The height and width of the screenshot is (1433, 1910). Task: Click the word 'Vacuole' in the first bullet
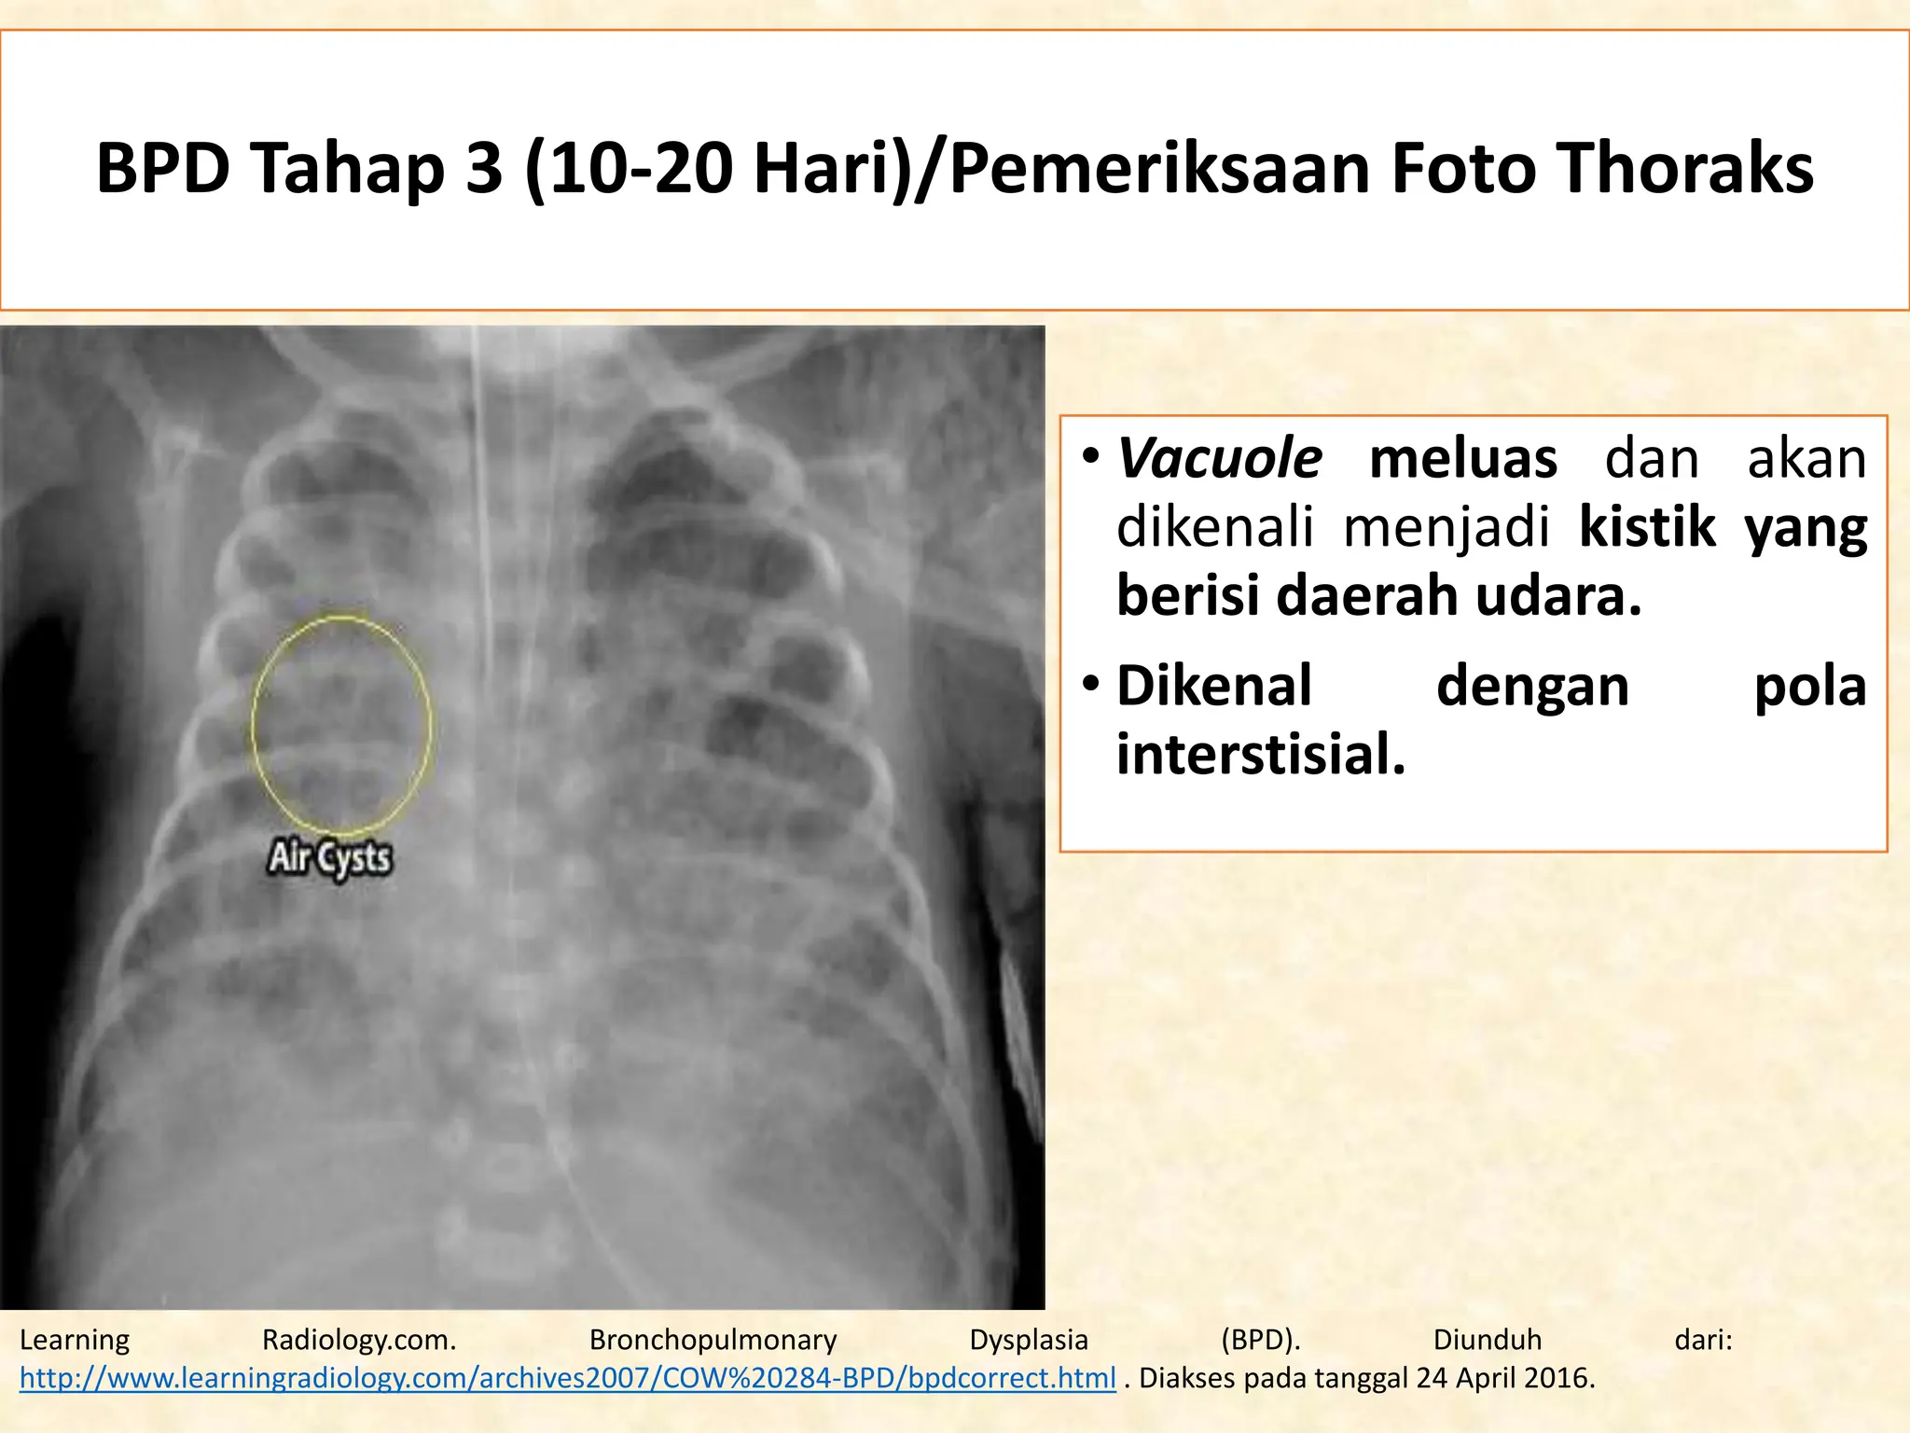pyautogui.click(x=1220, y=459)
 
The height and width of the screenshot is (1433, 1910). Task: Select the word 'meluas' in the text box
pyautogui.click(x=1462, y=459)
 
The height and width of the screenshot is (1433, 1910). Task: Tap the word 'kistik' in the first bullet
pyautogui.click(x=1647, y=527)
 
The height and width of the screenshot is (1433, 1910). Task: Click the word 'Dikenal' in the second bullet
pyautogui.click(x=1214, y=686)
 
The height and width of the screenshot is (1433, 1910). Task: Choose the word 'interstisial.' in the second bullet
pyautogui.click(x=1261, y=754)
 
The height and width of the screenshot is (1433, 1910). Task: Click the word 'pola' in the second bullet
pyautogui.click(x=1809, y=688)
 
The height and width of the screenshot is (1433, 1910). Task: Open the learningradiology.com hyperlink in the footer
pyautogui.click(x=567, y=1378)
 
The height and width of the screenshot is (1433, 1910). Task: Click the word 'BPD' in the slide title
pyautogui.click(x=163, y=169)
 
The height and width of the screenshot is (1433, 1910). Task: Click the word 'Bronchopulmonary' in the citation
pyautogui.click(x=713, y=1340)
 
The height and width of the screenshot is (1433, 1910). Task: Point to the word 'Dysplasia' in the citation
pyautogui.click(x=1029, y=1340)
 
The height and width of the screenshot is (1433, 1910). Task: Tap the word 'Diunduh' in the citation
pyautogui.click(x=1487, y=1340)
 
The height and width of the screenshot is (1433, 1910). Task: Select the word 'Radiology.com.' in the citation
pyautogui.click(x=359, y=1340)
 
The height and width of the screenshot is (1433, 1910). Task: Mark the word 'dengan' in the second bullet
pyautogui.click(x=1532, y=688)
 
